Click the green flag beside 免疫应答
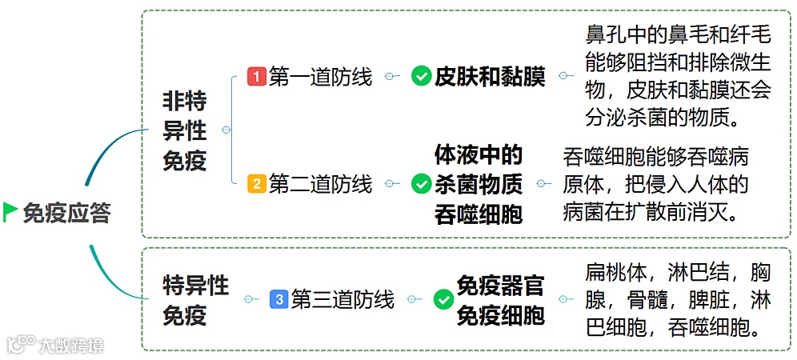pyautogui.click(x=10, y=212)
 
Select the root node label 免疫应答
pyautogui.click(x=67, y=213)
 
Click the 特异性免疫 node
pyautogui.click(x=195, y=300)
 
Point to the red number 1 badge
pyautogui.click(x=257, y=77)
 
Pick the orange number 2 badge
pyautogui.click(x=257, y=184)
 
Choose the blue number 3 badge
pyautogui.click(x=278, y=300)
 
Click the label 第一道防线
pyautogui.click(x=320, y=77)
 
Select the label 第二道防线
pyautogui.click(x=320, y=184)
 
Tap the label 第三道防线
pyautogui.click(x=342, y=300)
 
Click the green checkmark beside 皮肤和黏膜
pyautogui.click(x=421, y=77)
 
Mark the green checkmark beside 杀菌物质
pyautogui.click(x=421, y=185)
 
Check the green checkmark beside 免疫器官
pyautogui.click(x=443, y=300)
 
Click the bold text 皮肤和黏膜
pyautogui.click(x=490, y=77)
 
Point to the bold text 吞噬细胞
pyautogui.click(x=479, y=214)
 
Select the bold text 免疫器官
pyautogui.click(x=501, y=285)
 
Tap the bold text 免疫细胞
pyautogui.click(x=501, y=315)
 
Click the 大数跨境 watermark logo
pyautogui.click(x=56, y=346)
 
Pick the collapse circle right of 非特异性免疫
pyautogui.click(x=226, y=130)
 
